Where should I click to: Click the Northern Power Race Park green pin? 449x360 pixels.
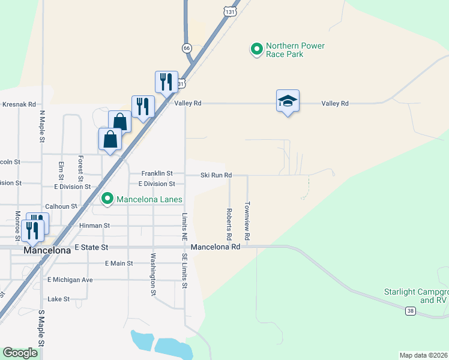pos(257,49)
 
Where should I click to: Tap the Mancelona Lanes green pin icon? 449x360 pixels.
pos(107,198)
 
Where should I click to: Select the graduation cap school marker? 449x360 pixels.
pos(288,101)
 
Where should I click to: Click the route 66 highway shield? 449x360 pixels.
pos(187,48)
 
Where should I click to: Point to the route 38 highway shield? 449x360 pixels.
pos(410,311)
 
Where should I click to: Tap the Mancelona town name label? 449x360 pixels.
pos(47,251)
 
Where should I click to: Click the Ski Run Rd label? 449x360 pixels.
pos(216,175)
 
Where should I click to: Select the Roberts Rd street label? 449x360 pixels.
pos(229,222)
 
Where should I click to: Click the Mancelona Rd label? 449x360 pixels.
pos(215,247)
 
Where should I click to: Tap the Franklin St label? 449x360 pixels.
pos(157,173)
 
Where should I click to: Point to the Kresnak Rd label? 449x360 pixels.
pos(19,104)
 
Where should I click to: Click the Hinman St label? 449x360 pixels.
pos(95,226)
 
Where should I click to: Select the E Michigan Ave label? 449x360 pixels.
pos(70,280)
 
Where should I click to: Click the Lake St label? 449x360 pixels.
pos(59,299)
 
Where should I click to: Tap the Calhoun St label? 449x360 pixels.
pos(65,206)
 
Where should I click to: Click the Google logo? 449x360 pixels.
pos(20,352)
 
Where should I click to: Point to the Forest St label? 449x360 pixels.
pos(80,169)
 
